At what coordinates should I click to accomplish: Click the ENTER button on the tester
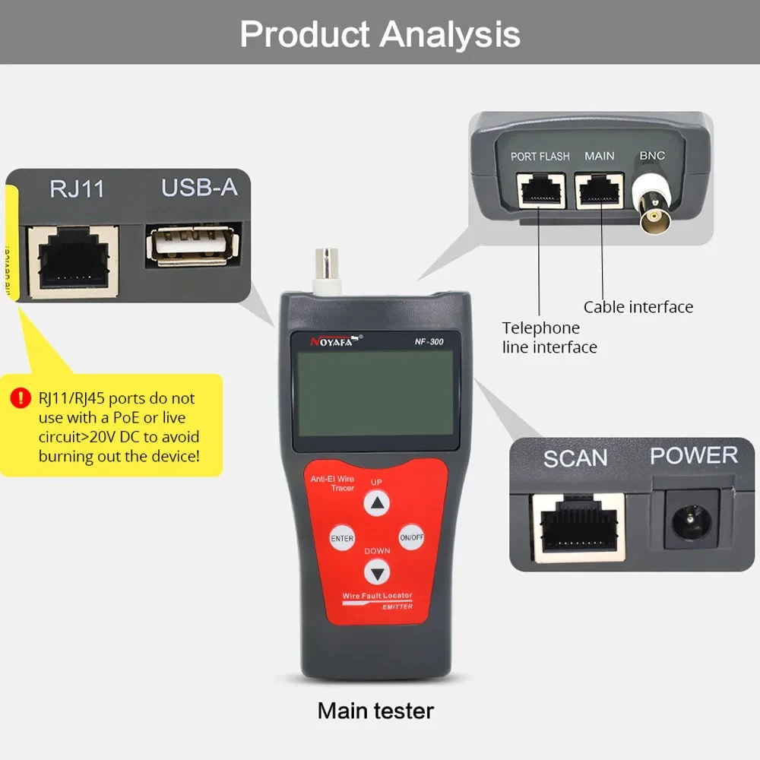[342, 538]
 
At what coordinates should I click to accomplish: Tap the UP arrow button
[377, 502]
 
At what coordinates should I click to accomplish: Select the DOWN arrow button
[377, 572]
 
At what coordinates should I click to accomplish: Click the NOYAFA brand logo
[335, 340]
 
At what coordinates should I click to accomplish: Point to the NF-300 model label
[429, 341]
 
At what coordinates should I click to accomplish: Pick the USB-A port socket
[193, 245]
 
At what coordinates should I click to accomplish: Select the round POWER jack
[691, 520]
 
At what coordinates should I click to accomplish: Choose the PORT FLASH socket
[540, 190]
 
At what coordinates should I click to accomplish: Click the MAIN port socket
[599, 190]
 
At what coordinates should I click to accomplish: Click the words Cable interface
[638, 307]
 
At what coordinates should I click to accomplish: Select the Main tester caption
[375, 711]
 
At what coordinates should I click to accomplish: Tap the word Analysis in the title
[450, 34]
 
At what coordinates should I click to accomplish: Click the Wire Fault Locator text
[377, 595]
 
